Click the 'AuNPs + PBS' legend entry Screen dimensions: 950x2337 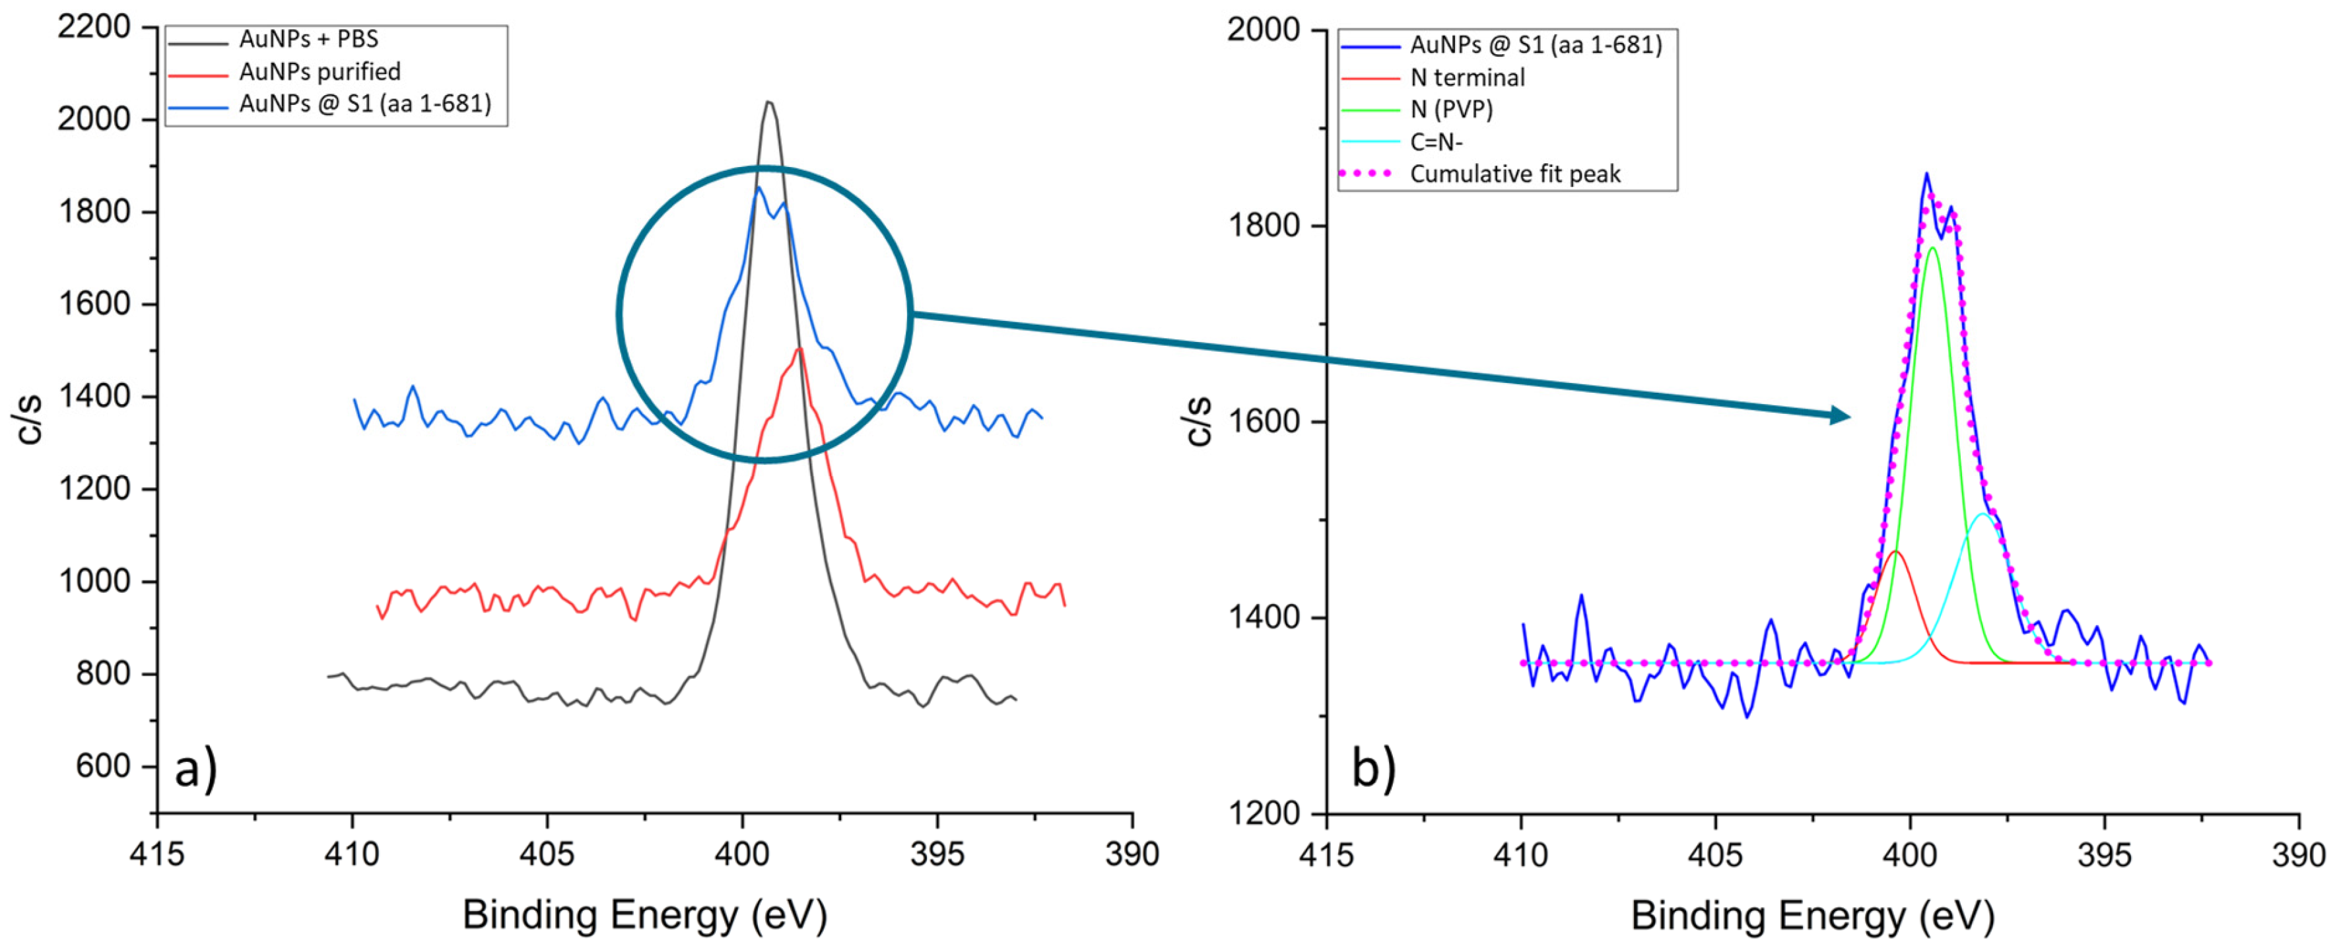pos(308,40)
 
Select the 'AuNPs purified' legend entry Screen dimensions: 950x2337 pos(320,72)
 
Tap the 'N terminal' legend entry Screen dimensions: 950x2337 pos(1467,78)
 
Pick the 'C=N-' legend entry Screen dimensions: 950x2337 pos(1436,141)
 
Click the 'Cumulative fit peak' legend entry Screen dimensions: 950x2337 pos(1514,174)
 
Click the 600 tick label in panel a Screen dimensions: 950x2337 pos(102,766)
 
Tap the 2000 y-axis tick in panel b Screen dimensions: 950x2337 pos(1263,30)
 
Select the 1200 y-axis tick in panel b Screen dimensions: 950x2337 pos(1263,813)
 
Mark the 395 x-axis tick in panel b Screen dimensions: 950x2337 pos(2105,854)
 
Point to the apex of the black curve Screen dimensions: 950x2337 pos(768,102)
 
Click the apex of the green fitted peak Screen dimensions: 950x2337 pos(1932,248)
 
